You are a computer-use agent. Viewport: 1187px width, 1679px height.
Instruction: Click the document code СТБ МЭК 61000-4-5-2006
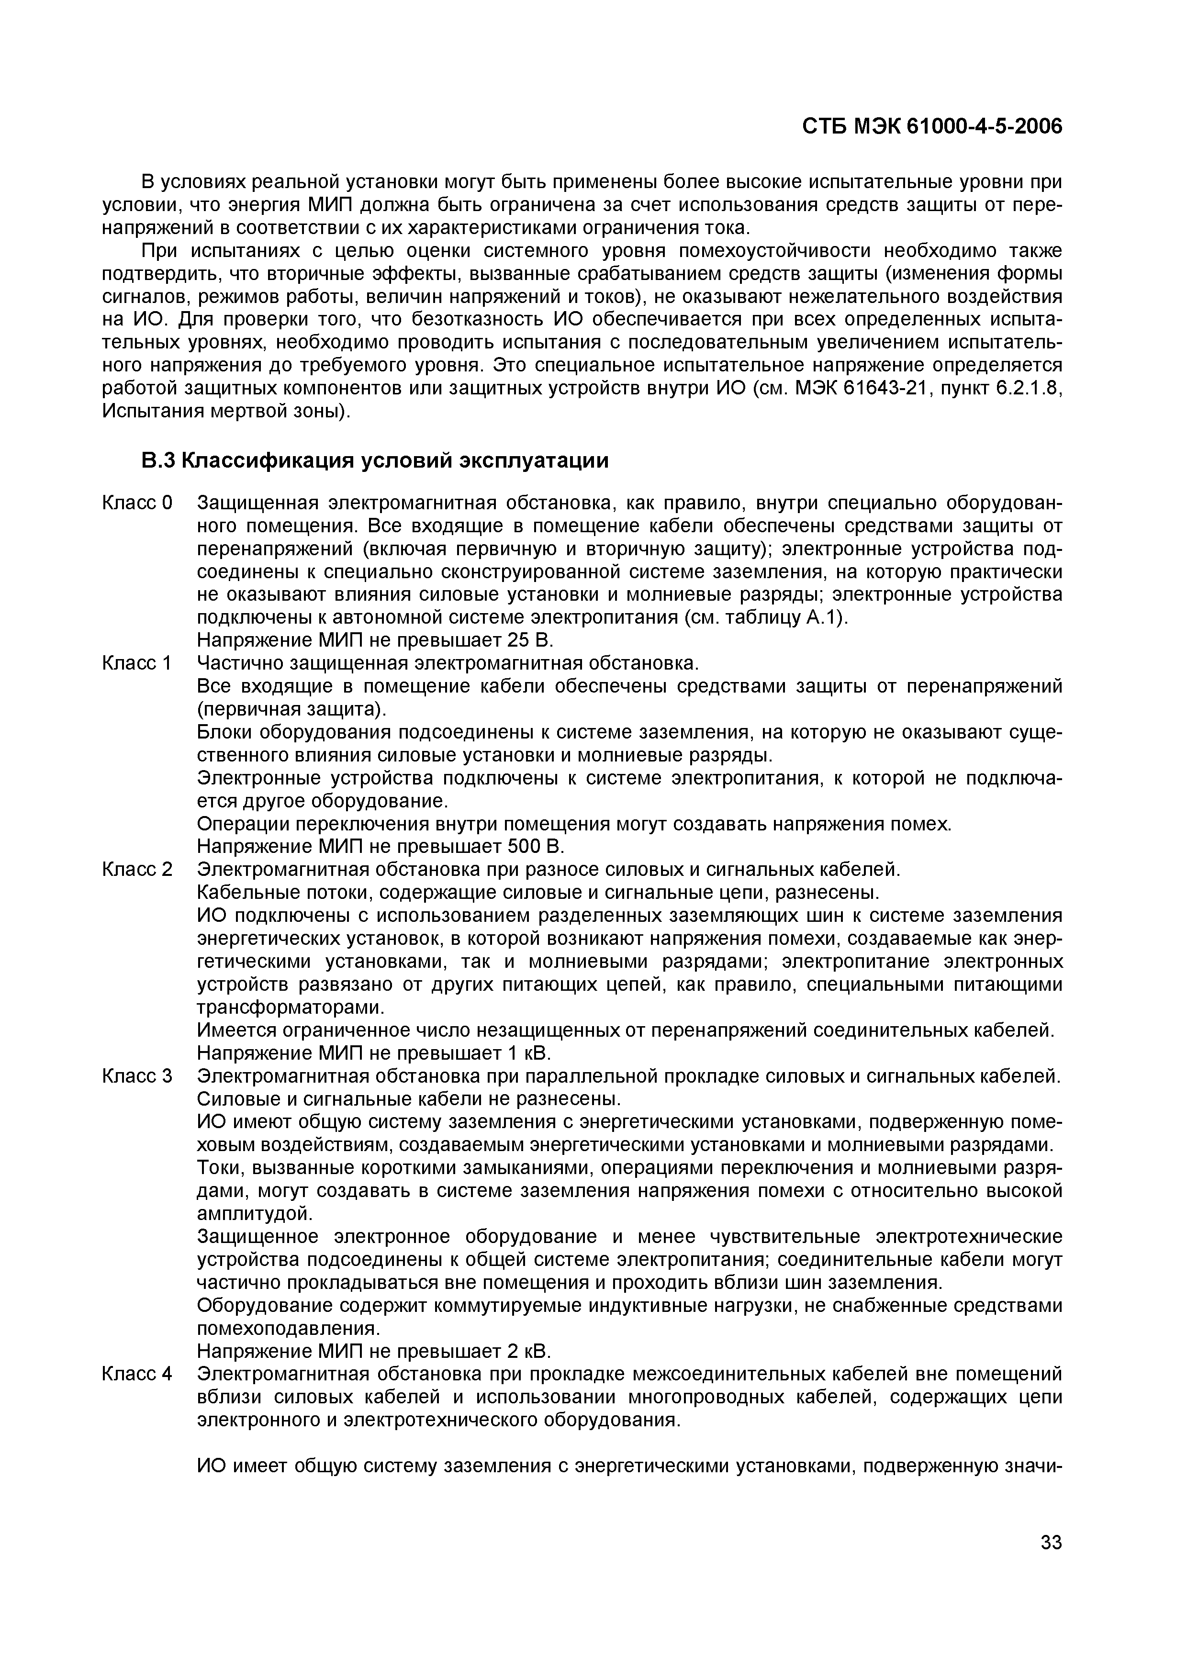click(932, 126)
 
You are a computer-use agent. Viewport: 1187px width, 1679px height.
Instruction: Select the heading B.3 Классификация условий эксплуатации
click(374, 461)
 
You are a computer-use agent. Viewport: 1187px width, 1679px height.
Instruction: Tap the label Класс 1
click(137, 663)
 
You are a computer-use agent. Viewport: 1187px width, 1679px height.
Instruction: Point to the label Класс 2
click(137, 870)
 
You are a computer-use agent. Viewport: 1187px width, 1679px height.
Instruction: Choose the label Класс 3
click(137, 1076)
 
